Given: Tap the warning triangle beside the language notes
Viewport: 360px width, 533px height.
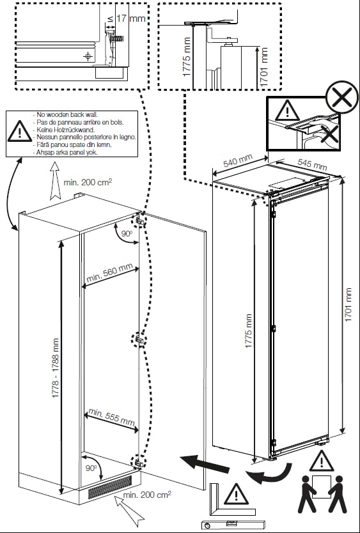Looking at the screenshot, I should tap(20, 132).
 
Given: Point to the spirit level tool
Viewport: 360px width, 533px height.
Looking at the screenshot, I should tap(226, 525).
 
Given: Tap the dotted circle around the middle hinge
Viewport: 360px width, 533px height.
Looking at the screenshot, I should tap(137, 339).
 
